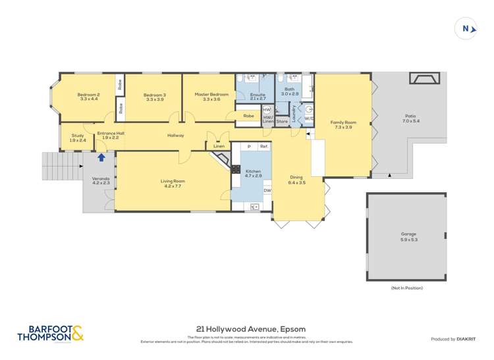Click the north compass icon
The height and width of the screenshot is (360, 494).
click(x=466, y=28)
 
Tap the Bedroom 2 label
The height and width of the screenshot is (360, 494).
click(x=88, y=95)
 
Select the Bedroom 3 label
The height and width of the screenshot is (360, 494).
click(x=154, y=95)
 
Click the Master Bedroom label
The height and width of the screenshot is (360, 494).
click(x=211, y=94)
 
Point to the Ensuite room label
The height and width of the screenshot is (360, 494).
click(x=258, y=95)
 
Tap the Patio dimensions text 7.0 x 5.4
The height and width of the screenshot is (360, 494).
click(x=410, y=122)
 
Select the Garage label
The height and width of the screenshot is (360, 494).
click(x=409, y=234)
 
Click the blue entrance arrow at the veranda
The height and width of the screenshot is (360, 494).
click(x=101, y=157)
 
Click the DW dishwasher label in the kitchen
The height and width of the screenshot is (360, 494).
click(x=267, y=191)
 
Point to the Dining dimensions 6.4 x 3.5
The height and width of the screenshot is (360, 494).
click(x=297, y=182)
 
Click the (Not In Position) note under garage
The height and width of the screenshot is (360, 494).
click(x=406, y=288)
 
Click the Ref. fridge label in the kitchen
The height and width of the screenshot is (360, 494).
click(x=263, y=146)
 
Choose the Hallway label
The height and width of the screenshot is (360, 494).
click(x=175, y=136)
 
